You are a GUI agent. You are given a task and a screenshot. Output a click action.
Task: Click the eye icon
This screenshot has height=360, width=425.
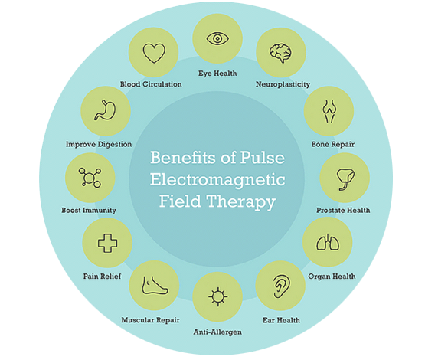tap(217, 38)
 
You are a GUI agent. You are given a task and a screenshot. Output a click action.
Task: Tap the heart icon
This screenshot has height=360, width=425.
tap(154, 53)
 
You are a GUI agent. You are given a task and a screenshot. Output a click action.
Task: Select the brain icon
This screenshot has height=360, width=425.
tap(280, 53)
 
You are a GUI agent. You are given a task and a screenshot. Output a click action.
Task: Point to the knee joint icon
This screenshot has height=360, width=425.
tap(329, 111)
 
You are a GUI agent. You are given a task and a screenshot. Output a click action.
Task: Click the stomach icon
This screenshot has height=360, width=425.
tap(105, 110)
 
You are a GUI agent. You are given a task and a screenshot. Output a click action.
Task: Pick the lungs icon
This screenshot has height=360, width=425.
tap(328, 242)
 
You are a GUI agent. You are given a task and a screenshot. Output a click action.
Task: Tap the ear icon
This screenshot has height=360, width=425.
tap(281, 286)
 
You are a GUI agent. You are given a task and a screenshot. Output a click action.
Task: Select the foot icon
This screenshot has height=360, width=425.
tap(155, 285)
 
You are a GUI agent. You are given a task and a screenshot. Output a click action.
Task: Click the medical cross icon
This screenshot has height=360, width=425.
tap(107, 243)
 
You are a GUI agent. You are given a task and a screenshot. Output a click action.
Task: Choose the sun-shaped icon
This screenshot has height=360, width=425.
tap(217, 296)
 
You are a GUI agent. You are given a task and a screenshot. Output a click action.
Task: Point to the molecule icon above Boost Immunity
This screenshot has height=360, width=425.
tap(90, 178)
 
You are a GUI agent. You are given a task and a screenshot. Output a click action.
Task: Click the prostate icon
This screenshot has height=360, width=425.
tap(345, 179)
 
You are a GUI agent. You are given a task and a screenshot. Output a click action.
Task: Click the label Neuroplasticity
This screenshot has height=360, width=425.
tap(283, 84)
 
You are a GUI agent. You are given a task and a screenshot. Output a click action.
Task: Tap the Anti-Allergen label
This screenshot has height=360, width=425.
tap(217, 332)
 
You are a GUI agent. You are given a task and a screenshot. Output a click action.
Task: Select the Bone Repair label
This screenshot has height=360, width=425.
tap(333, 144)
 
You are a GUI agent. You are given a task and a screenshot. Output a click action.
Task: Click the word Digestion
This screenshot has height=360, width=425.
tap(115, 145)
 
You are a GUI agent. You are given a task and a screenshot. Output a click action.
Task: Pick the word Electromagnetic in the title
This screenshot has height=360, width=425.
tap(217, 180)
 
